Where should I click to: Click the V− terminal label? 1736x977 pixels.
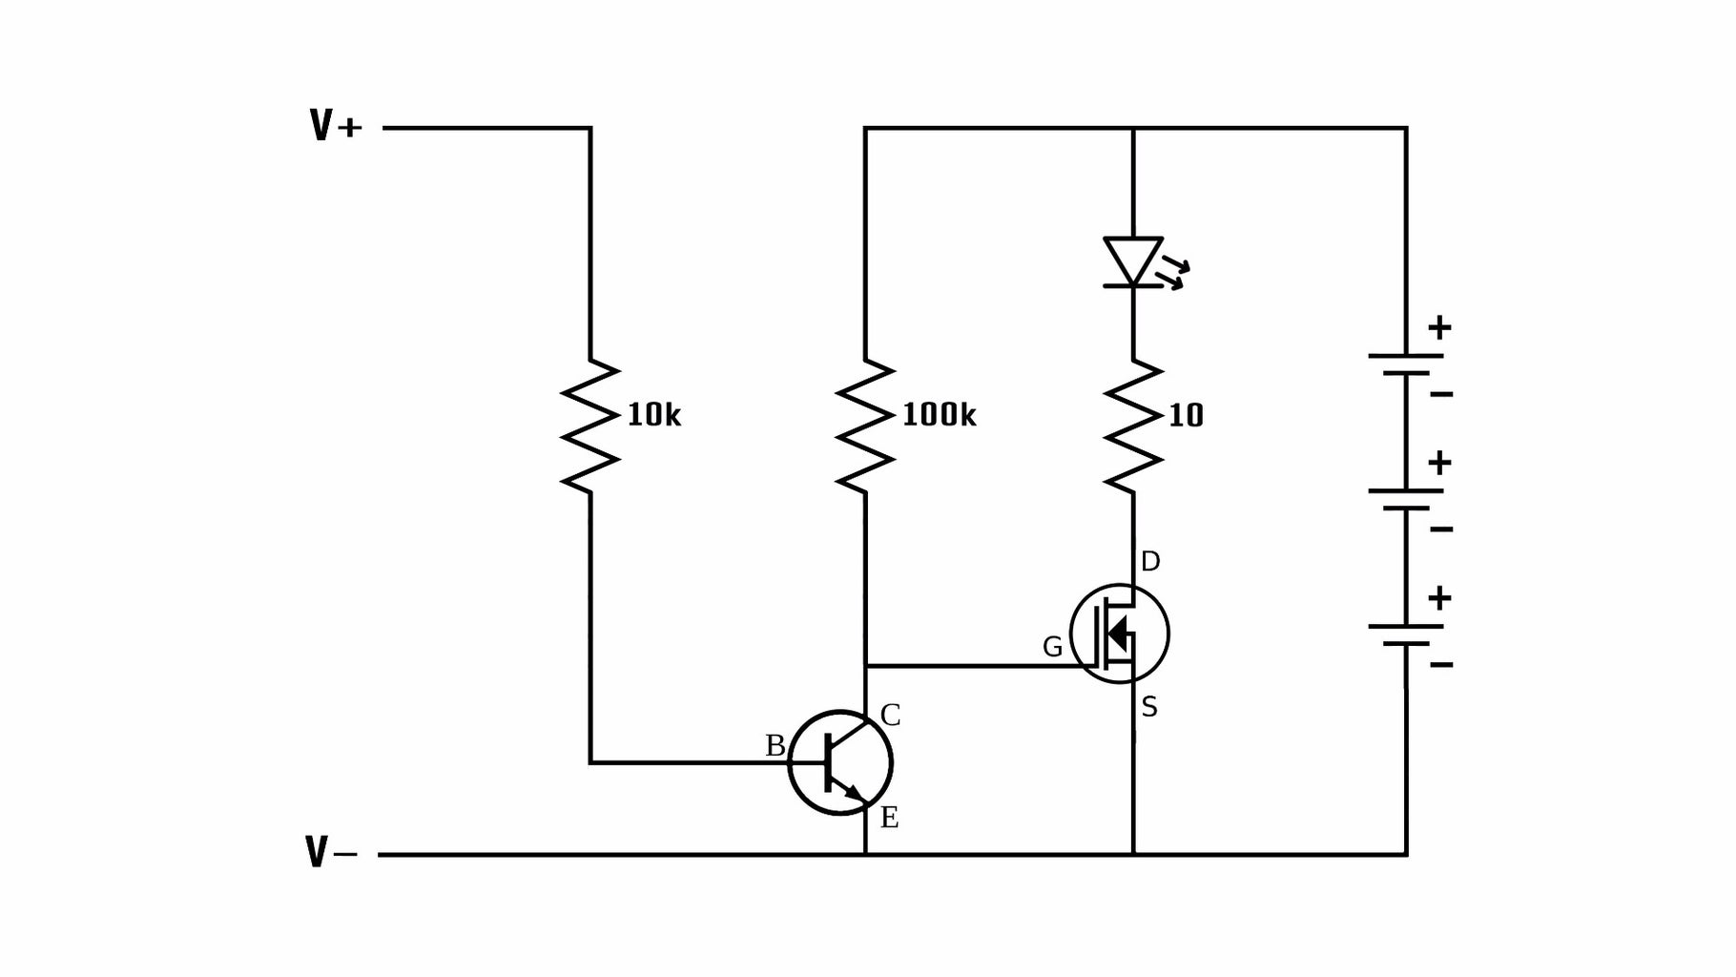(331, 852)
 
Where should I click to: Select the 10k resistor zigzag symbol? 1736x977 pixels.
(590, 426)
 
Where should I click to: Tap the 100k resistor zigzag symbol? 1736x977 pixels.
(865, 426)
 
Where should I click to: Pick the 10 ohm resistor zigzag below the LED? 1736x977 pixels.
(1133, 426)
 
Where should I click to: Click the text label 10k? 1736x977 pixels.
(653, 415)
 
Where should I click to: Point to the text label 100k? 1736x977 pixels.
(939, 415)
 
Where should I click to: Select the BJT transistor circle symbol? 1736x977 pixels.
(840, 762)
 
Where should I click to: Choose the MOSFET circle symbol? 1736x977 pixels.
(1120, 634)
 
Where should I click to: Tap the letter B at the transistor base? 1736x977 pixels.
(775, 746)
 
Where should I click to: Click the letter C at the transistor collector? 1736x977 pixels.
(890, 716)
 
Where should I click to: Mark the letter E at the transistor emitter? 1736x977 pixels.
(889, 818)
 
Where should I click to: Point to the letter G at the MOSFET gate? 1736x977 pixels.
(1052, 648)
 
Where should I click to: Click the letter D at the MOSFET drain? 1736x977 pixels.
(1150, 562)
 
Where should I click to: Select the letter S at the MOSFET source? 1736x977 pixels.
(1149, 708)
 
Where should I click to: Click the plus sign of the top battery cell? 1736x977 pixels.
(1439, 328)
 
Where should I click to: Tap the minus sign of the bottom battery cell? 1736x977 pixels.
(1441, 664)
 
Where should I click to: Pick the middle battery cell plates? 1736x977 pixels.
(1406, 500)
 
